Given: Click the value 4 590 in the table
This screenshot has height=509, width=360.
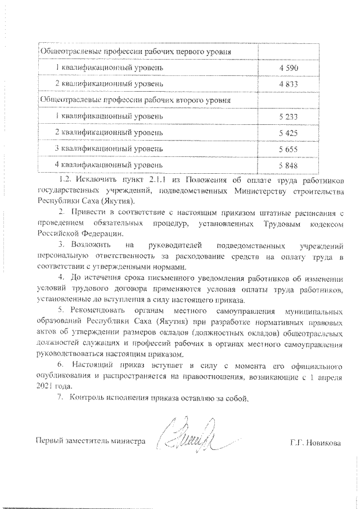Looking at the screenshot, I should pos(291,67).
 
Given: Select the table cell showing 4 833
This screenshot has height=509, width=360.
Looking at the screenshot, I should pos(291,84).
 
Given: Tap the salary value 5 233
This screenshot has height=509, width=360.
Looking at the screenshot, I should pos(291,116).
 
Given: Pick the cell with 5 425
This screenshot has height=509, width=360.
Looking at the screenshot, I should pos(291,133).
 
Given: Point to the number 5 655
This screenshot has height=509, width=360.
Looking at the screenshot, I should pos(291,149).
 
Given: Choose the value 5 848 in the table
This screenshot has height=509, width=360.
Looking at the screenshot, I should pos(291,165).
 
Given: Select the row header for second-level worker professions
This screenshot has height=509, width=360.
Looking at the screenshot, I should pos(135,100).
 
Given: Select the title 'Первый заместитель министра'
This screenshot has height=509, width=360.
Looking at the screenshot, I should pos(91,442).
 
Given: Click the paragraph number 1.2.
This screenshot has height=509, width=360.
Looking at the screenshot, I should pos(66,180).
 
